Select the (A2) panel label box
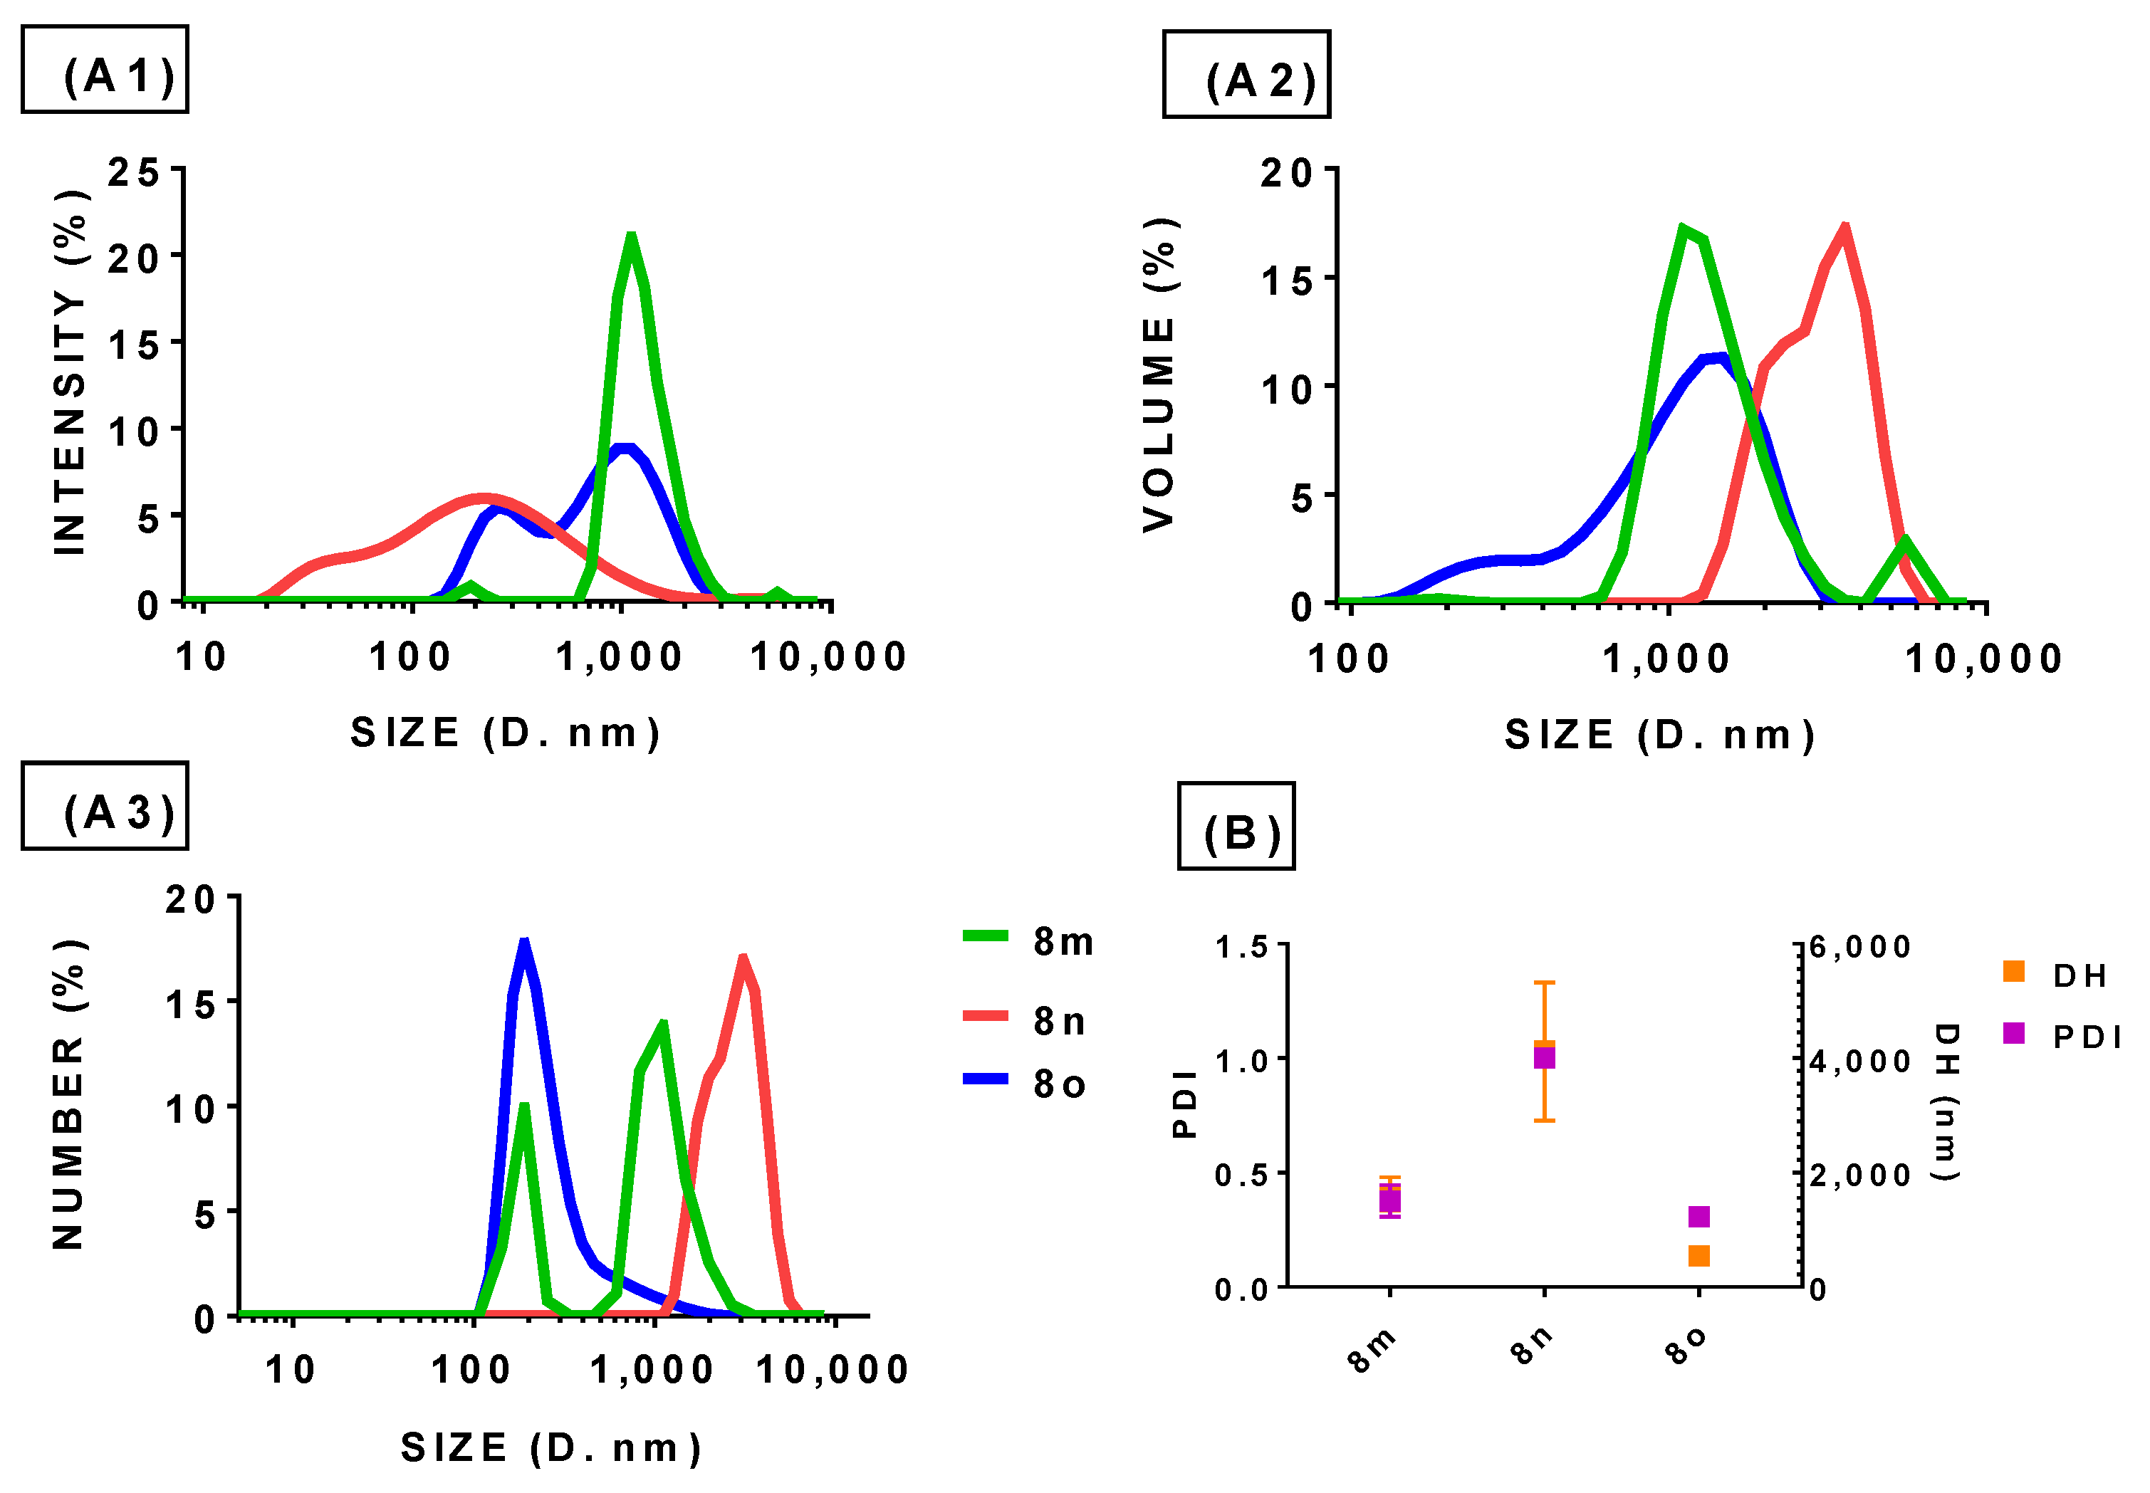(x=1246, y=75)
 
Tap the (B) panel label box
(x=1235, y=826)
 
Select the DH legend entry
(x=2058, y=974)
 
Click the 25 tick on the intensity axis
(x=133, y=172)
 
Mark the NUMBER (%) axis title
(x=68, y=1094)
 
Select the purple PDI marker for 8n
(x=1544, y=1057)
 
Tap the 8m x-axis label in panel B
(x=1372, y=1349)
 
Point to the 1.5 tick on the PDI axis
(x=1241, y=948)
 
